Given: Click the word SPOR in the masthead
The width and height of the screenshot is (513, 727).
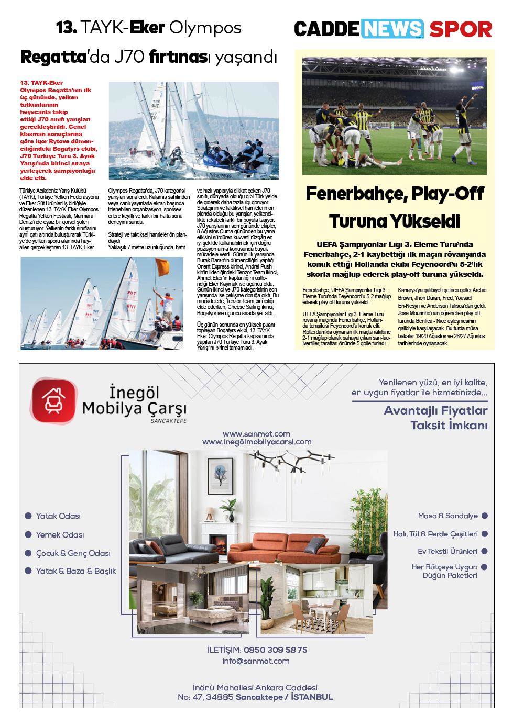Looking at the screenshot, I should click(x=461, y=29).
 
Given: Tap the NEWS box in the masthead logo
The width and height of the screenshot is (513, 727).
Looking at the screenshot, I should click(x=392, y=29).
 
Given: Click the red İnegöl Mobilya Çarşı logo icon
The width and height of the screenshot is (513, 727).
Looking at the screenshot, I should click(x=53, y=401).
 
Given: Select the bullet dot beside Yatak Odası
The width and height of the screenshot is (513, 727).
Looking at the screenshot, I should click(x=28, y=516).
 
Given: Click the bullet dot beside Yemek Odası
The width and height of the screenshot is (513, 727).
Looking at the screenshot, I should click(x=28, y=534).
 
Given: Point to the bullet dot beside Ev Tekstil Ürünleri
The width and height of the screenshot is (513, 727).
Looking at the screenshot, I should click(x=485, y=551).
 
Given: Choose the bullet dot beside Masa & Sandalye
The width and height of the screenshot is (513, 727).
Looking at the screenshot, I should click(x=485, y=516).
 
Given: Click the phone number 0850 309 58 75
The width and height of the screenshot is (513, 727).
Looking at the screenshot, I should click(x=276, y=650).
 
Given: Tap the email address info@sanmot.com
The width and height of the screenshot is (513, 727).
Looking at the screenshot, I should click(x=256, y=661).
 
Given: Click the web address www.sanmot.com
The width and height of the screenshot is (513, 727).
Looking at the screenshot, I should click(x=257, y=434).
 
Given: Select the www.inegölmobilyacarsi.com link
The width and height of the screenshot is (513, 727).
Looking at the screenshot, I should click(x=257, y=442).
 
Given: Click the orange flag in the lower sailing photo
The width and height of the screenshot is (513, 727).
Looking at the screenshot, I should click(x=162, y=266).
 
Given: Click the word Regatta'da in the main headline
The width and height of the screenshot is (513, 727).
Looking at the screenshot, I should click(x=53, y=57).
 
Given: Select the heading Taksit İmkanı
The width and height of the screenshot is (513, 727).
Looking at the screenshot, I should click(x=449, y=425).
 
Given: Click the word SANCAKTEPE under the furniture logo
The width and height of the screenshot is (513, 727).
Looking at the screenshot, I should click(x=168, y=421).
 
